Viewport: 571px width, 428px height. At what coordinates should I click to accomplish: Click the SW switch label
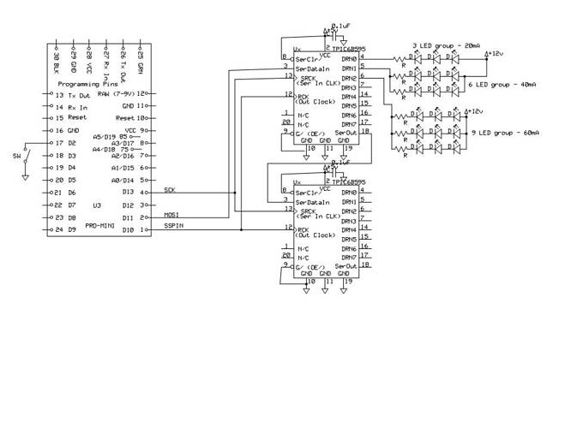15,156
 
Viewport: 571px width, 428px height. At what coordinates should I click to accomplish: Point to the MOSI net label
171,215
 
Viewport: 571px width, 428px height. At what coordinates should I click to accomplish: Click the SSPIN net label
173,226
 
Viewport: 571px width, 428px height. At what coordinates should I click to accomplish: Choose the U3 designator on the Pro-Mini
97,205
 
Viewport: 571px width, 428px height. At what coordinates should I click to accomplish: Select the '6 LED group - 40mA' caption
508,86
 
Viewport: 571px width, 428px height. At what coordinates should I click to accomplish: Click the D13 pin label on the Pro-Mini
128,193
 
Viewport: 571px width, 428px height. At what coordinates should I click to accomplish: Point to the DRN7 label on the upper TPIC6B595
348,124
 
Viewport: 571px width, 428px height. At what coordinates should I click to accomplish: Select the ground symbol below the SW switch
26,178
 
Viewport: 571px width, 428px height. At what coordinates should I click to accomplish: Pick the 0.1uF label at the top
341,27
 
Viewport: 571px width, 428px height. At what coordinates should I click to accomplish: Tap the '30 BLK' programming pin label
57,62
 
